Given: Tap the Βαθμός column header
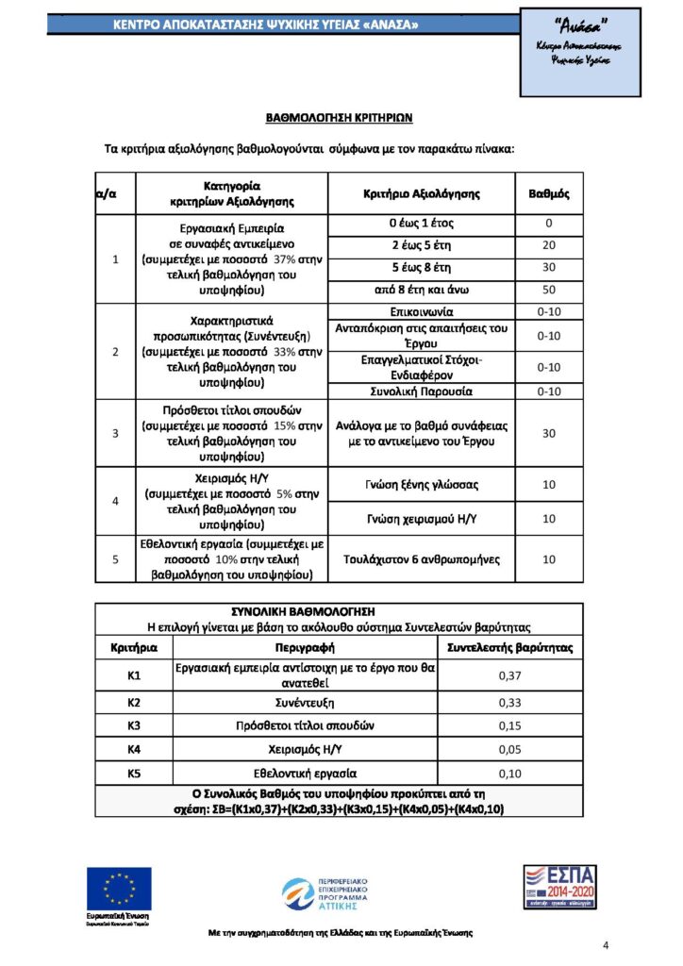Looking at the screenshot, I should [x=548, y=193].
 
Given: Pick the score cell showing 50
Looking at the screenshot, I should [x=548, y=290].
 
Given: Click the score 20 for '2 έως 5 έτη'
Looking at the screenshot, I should [x=548, y=246].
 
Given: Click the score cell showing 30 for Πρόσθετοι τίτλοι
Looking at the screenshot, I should [x=548, y=433].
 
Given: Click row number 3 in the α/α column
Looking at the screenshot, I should [x=115, y=433].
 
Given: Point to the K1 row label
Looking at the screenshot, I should [x=134, y=675].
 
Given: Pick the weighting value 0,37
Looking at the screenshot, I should [x=509, y=675].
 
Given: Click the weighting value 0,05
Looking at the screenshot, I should [x=509, y=750].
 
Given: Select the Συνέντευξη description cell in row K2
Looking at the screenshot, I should [x=306, y=703].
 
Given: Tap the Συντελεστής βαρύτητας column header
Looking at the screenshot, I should [x=509, y=648].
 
